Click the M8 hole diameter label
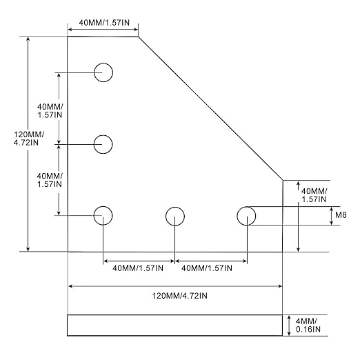pyautogui.click(x=341, y=215)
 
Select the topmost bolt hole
pyautogui.click(x=103, y=63)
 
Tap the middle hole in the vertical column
pyautogui.click(x=103, y=135)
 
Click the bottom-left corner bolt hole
pyautogui.click(x=103, y=206)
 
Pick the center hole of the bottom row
pyautogui.click(x=175, y=207)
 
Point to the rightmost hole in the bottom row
pyautogui.click(x=246, y=207)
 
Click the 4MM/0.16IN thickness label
pyautogui.click(x=308, y=325)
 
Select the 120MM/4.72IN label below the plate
pyautogui.click(x=180, y=296)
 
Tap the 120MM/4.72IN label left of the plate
pyautogui.click(x=28, y=139)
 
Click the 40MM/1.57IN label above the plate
pyautogui.click(x=104, y=23)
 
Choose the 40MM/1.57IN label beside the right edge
pyautogui.click(x=314, y=195)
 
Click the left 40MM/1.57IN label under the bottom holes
pyautogui.click(x=138, y=268)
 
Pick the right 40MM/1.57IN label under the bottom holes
pyautogui.click(x=207, y=268)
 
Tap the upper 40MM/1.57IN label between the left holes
pyautogui.click(x=50, y=110)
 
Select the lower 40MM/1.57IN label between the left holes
pyautogui.click(x=50, y=180)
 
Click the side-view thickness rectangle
pyautogui.click(x=174, y=315)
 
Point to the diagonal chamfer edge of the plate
pyautogui.click(x=210, y=108)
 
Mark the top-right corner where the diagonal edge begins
pyautogui.click(x=138, y=37)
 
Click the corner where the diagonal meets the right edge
pyautogui.click(x=283, y=181)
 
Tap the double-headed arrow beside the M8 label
pyautogui.click(x=331, y=216)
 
